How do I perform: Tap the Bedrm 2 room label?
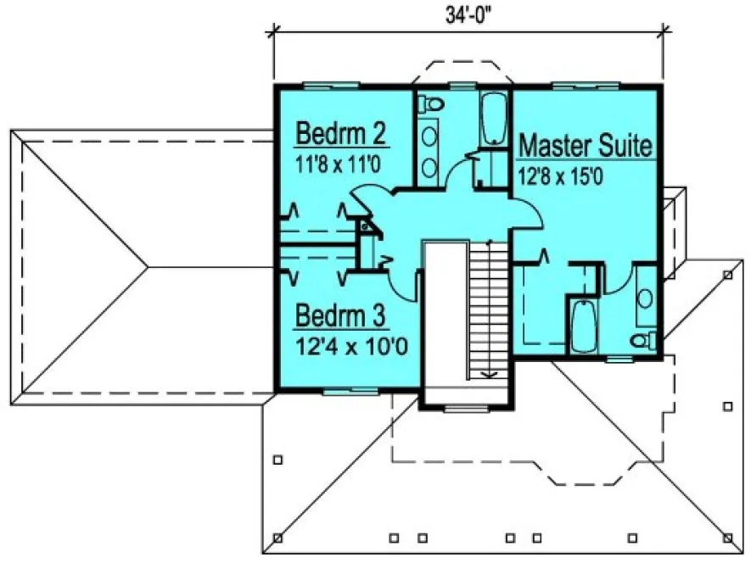click(x=340, y=134)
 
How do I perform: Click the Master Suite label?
click(x=586, y=145)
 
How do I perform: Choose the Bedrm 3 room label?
click(x=340, y=316)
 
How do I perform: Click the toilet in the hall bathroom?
click(x=433, y=103)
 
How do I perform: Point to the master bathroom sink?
click(x=645, y=298)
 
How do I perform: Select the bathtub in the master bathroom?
click(x=585, y=327)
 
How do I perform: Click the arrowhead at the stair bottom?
click(x=488, y=373)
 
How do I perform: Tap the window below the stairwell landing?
click(x=462, y=409)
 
